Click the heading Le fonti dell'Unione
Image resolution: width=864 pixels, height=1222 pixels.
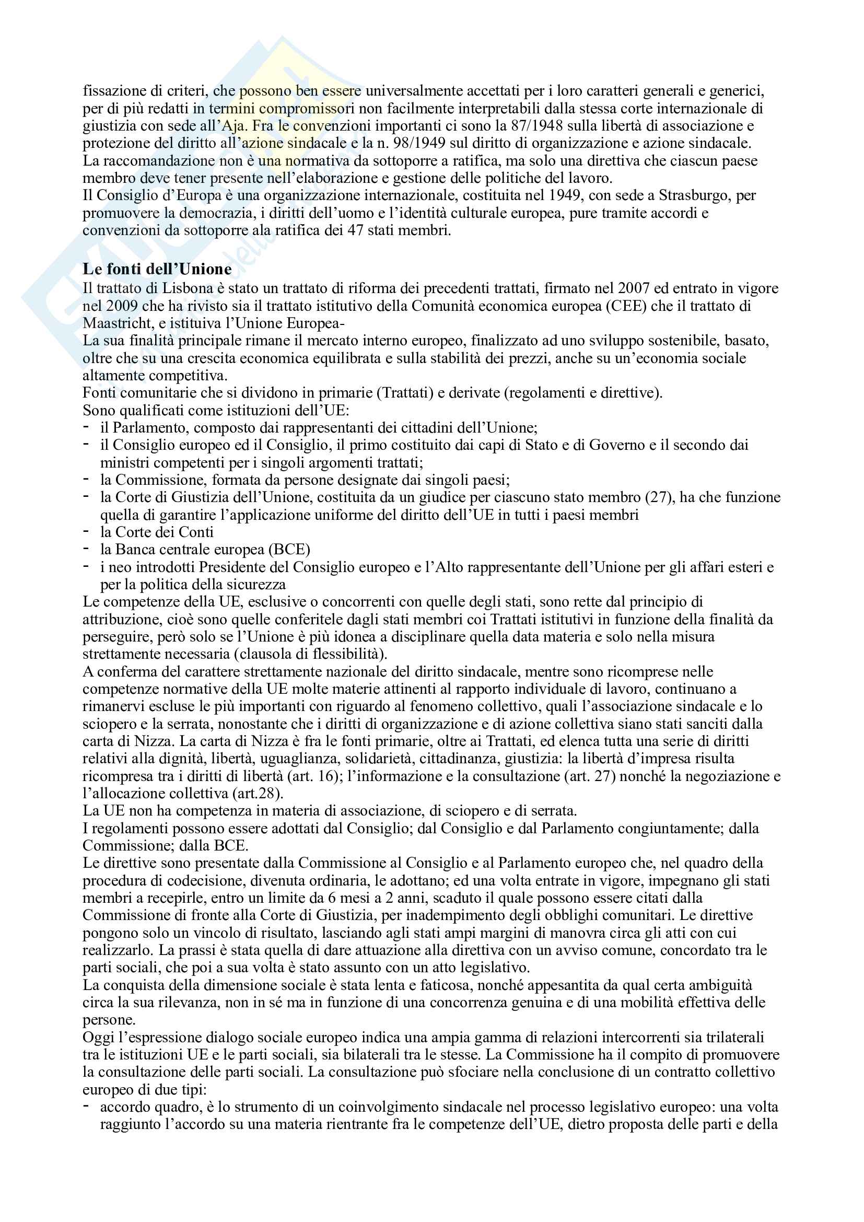pyautogui.click(x=157, y=269)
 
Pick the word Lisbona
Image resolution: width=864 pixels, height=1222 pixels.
pyautogui.click(x=190, y=288)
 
